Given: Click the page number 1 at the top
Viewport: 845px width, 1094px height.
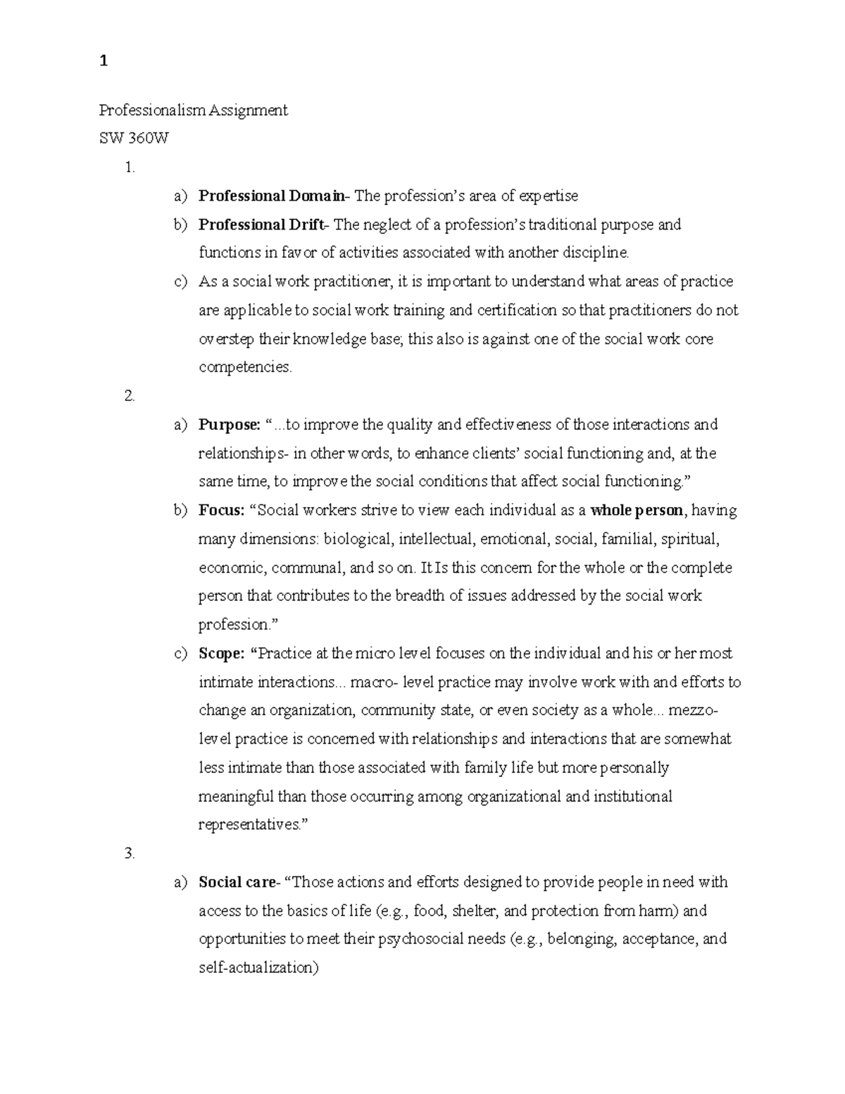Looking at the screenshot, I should click(104, 62).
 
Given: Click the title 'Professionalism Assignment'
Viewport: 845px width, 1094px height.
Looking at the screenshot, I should click(193, 111).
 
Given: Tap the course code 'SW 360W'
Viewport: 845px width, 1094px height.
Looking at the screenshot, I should click(134, 139).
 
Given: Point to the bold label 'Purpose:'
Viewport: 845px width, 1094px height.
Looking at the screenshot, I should click(230, 425).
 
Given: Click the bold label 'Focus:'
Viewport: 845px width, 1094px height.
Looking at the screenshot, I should click(222, 510).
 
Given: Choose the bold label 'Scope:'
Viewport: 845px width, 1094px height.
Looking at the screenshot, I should click(222, 653).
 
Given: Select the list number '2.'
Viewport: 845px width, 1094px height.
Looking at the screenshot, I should click(129, 396).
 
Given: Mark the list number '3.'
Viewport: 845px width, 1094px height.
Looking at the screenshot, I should click(129, 853).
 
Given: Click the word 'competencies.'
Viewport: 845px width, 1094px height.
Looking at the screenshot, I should click(245, 368).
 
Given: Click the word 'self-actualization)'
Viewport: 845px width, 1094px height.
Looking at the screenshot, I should click(259, 968).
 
